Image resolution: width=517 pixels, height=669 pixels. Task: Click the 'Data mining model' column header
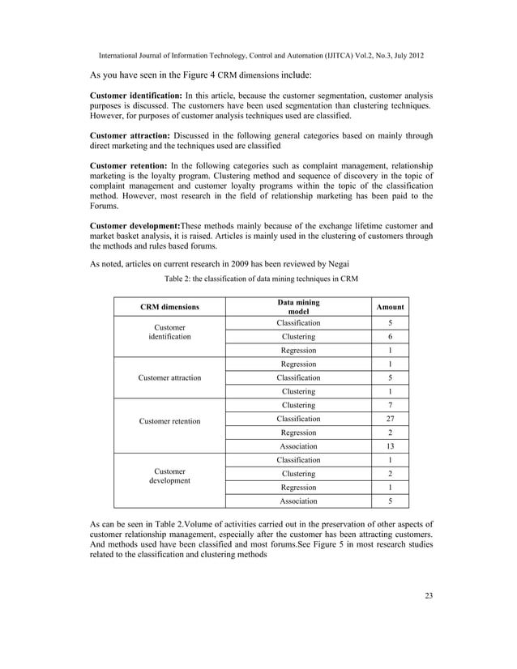pyautogui.click(x=298, y=308)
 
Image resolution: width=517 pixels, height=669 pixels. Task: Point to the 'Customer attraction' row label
pyautogui.click(x=169, y=377)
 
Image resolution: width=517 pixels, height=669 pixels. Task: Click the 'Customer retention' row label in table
pyautogui.click(x=169, y=421)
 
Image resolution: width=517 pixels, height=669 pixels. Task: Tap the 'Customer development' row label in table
pyautogui.click(x=169, y=475)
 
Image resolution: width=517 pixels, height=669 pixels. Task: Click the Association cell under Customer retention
pyautogui.click(x=298, y=446)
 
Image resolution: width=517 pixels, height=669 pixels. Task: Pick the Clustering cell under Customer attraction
pyautogui.click(x=298, y=391)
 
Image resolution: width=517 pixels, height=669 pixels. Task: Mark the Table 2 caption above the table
pyautogui.click(x=261, y=279)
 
